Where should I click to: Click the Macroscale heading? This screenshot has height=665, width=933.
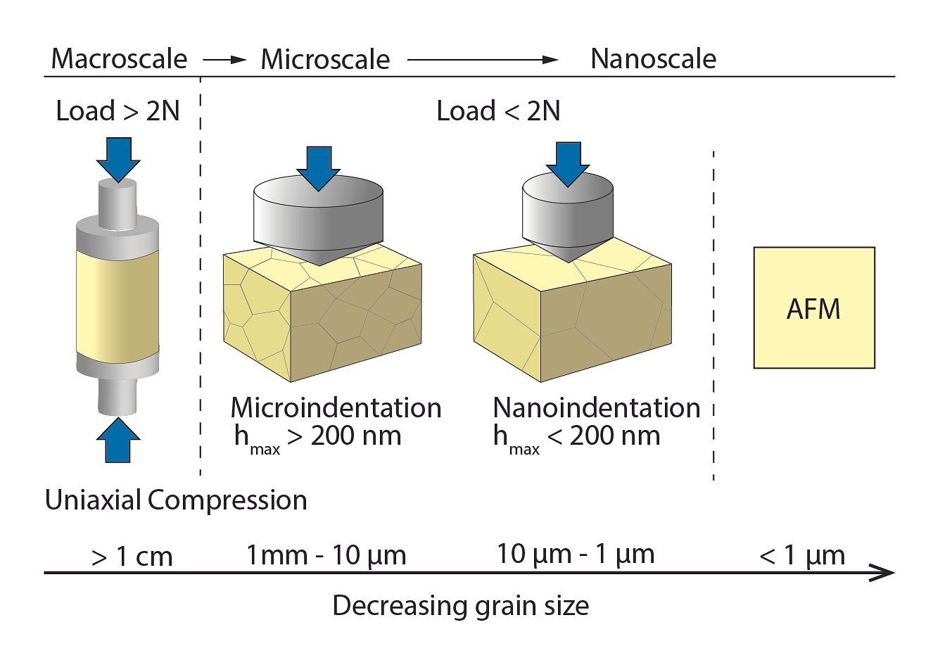point(119,58)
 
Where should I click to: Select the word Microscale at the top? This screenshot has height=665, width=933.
point(325,60)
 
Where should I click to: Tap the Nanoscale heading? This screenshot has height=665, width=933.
point(654,58)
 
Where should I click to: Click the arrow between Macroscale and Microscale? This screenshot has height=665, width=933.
point(225,60)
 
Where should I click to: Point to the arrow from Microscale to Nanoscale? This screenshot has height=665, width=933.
point(483,60)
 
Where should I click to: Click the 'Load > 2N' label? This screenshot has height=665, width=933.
point(118,111)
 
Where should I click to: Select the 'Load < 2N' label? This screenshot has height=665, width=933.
point(499,111)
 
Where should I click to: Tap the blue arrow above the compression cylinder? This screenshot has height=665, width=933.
point(119,160)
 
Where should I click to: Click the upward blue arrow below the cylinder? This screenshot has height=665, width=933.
point(118,440)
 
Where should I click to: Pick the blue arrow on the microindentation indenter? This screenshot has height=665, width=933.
point(319,169)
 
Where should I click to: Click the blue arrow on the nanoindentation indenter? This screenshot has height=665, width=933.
point(568,165)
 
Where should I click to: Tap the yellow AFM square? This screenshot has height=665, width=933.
point(814,308)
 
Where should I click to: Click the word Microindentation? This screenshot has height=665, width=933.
point(336,407)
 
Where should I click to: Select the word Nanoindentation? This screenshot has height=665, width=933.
point(597,407)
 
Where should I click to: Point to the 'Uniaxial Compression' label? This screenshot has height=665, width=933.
point(176,500)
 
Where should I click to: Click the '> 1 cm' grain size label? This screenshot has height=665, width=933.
point(132,556)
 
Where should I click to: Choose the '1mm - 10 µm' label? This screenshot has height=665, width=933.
point(326,556)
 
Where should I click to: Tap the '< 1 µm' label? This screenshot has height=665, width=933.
point(802,556)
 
